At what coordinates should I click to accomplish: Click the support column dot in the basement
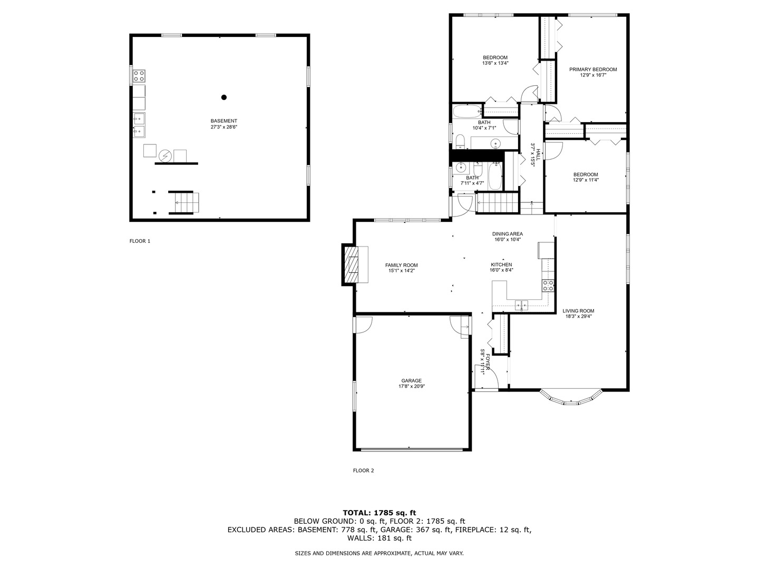(224, 97)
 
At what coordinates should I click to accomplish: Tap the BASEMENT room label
(224, 121)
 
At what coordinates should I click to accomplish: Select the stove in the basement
(139, 76)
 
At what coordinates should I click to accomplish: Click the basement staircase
(184, 203)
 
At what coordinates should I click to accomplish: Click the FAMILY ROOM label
(401, 265)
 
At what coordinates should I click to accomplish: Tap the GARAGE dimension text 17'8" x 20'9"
(412, 386)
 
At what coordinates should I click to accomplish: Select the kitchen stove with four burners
(548, 286)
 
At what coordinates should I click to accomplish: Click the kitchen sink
(522, 304)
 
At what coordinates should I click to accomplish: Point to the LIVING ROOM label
(578, 311)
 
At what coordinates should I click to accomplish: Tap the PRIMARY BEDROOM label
(593, 70)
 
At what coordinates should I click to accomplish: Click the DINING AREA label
(508, 234)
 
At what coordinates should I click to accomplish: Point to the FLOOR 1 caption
(140, 241)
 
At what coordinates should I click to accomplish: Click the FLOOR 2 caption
(363, 471)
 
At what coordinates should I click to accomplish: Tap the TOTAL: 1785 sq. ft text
(379, 512)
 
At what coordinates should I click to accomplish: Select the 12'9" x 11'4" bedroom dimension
(586, 180)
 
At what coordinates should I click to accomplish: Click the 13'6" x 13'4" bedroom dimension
(495, 63)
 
